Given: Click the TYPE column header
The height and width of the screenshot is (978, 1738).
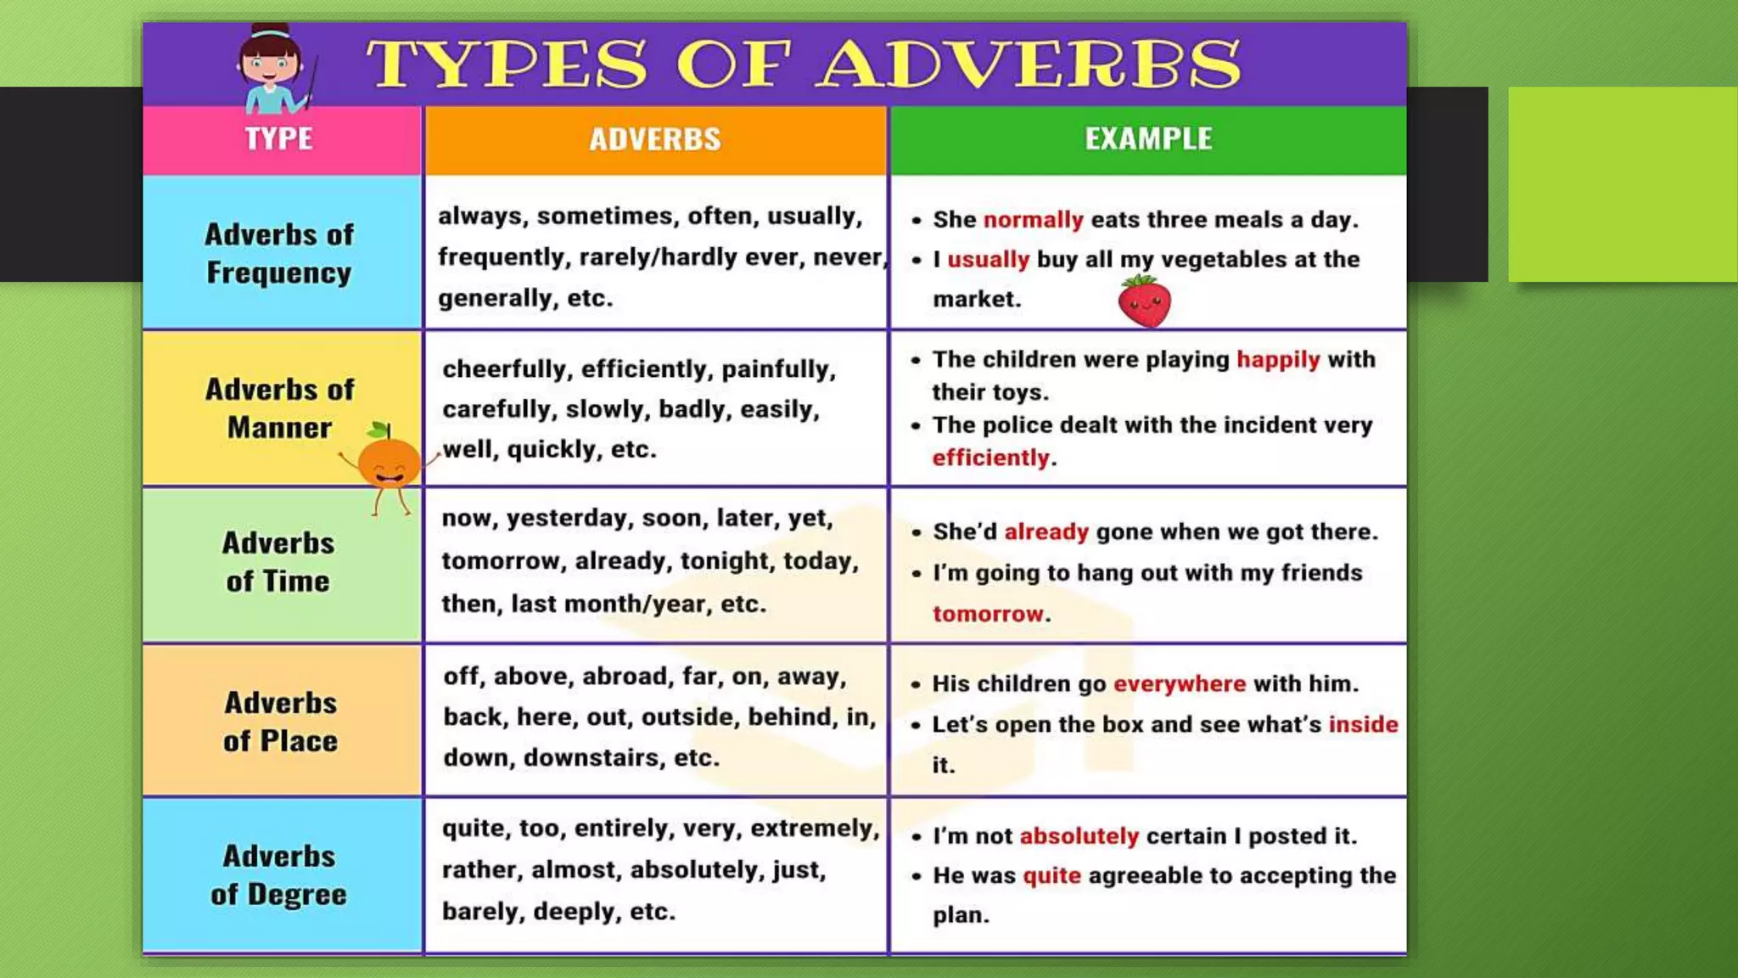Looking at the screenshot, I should (279, 138).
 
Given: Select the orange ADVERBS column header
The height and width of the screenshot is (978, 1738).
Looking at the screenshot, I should (655, 139).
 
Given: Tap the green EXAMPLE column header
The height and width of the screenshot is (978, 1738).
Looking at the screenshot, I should (1148, 138).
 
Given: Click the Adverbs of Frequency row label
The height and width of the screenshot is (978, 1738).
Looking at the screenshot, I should (279, 253).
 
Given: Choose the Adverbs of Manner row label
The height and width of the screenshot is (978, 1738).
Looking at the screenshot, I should (279, 408).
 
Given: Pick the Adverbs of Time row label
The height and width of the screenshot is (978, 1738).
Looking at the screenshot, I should (278, 562).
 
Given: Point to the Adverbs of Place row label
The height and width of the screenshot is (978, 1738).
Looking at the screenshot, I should (280, 722).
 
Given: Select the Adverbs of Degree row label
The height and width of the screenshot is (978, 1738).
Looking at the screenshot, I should (279, 875).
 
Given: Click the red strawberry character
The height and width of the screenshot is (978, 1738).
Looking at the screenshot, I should (1144, 302).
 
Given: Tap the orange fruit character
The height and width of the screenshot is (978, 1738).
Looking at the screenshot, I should (389, 463).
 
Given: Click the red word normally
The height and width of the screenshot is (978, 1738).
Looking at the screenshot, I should (1033, 220).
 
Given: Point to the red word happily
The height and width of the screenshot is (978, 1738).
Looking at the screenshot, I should (1278, 360).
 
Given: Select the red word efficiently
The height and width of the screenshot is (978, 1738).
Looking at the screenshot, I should (990, 458).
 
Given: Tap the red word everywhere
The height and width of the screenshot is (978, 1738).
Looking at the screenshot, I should (1180, 684).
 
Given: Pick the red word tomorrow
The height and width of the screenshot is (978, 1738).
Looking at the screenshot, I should (988, 614).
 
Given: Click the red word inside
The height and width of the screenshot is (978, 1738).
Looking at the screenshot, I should (1363, 724).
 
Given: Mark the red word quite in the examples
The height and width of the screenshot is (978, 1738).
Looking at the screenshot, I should (1051, 876).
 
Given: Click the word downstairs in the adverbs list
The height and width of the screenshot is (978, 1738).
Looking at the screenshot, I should (591, 757).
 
